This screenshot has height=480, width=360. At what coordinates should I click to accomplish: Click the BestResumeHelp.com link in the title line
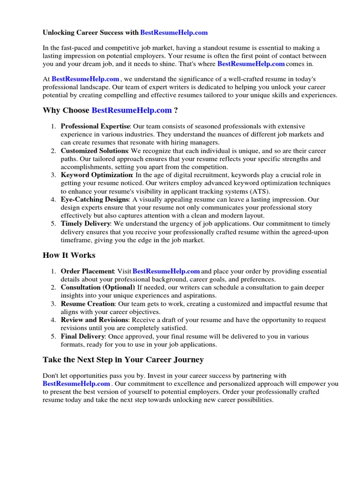click(174, 33)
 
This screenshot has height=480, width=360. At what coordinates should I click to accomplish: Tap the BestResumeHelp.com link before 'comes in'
click(251, 64)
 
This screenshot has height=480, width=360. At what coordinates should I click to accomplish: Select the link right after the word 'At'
click(85, 79)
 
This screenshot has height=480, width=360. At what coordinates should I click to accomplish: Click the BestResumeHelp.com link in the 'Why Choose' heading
click(132, 111)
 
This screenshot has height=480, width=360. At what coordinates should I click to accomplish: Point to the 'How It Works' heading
click(69, 255)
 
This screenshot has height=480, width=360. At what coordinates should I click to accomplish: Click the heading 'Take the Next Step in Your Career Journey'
click(123, 360)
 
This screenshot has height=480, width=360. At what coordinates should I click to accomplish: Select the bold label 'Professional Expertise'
click(95, 127)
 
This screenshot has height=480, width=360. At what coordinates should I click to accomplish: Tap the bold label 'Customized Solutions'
click(95, 151)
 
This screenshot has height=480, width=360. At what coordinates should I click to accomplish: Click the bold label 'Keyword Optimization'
click(97, 175)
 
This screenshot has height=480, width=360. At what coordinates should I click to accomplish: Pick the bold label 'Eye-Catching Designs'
click(95, 200)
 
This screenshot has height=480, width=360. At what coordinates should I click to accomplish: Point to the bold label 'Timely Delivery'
click(85, 224)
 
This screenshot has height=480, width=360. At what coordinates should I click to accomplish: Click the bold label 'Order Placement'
click(88, 271)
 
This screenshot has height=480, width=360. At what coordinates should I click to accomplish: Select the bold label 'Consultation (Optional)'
click(97, 287)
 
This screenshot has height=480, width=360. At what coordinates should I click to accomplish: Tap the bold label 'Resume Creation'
click(88, 304)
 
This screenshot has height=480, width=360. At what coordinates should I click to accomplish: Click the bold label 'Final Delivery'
click(82, 337)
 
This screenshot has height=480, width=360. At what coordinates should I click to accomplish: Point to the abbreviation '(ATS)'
click(261, 192)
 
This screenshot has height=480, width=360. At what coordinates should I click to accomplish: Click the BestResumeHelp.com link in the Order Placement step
click(166, 271)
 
